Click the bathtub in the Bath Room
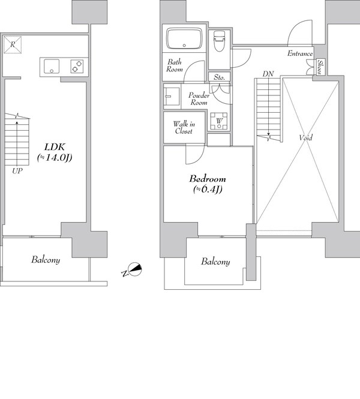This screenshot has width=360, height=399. pos(184,38)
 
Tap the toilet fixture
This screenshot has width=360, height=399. pos(220,41)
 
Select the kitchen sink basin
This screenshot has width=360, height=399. pos(52,67)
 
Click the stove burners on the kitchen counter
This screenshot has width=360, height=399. pos(77,66)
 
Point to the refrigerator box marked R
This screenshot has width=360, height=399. pos(13,45)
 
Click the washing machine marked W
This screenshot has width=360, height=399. pos(219,121)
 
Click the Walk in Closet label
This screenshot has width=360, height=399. pos(184,127)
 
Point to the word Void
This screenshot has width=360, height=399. pos(305,137)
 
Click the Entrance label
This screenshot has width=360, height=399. pos(300,53)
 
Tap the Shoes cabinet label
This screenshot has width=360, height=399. pos(320,67)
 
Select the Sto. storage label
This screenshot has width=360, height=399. pos(220,77)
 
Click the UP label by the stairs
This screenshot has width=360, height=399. pos(17,171)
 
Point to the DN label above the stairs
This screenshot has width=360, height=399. pos(268,74)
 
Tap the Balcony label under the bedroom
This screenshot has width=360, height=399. pos(215,262)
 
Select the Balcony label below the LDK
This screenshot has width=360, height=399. pos(46,260)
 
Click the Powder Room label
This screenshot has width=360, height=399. pos(199,99)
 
